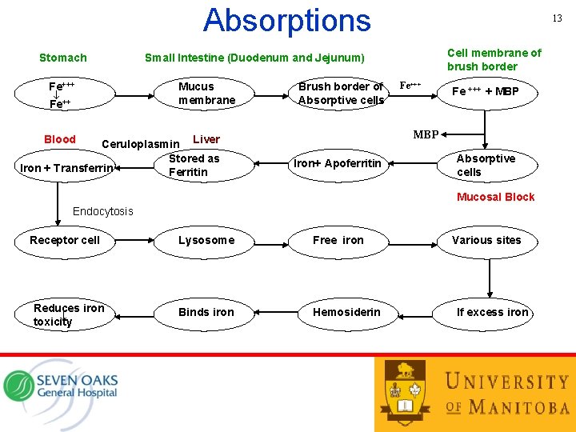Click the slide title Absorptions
point(287,20)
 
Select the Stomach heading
point(63,58)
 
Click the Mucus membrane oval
point(207,93)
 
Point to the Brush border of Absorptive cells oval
point(341,93)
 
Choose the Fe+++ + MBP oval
point(485,91)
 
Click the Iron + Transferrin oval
point(66,168)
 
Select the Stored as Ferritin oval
point(194,166)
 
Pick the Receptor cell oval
point(65,240)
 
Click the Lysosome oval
point(206,240)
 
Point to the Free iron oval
point(338,240)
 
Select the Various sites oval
point(486,240)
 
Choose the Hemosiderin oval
point(346,312)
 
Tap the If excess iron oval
point(491,312)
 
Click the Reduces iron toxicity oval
point(66,314)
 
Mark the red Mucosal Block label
point(495,197)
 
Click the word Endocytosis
point(103,212)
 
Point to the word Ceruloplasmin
point(141,144)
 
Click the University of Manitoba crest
point(406,392)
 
